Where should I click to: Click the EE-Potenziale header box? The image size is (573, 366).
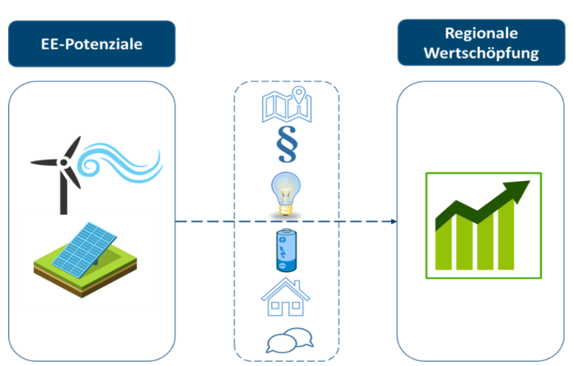[91, 44]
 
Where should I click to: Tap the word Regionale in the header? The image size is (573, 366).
[481, 34]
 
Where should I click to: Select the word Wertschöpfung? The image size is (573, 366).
[481, 53]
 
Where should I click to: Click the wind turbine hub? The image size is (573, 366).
[63, 162]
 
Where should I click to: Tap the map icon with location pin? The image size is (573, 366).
[286, 106]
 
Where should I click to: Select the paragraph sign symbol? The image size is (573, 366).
[287, 145]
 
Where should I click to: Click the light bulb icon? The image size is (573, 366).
[286, 193]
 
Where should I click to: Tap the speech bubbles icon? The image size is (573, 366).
[290, 341]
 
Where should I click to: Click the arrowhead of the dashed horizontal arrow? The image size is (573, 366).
[394, 222]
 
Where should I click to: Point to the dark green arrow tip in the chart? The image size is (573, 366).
[521, 186]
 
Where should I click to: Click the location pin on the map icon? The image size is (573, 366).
[300, 96]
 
